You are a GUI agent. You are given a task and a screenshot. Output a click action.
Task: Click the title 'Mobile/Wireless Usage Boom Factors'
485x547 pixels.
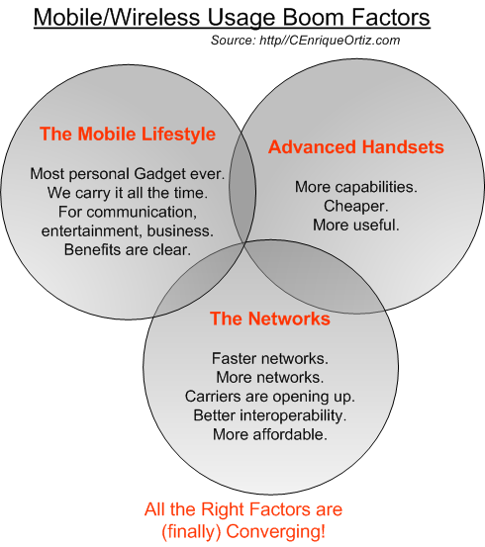coord(232,17)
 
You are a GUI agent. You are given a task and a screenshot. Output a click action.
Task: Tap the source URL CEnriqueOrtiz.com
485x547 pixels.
coord(330,41)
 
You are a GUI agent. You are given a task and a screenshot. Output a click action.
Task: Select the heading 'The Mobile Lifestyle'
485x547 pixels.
coord(128,134)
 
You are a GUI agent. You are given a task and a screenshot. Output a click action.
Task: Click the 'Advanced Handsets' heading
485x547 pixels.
coord(356,146)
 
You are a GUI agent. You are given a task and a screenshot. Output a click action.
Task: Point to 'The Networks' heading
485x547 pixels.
coord(270,319)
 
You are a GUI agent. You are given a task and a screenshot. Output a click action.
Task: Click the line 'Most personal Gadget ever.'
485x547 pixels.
coord(128,174)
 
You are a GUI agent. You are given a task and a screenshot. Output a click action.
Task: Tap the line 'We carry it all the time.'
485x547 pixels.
coord(128,193)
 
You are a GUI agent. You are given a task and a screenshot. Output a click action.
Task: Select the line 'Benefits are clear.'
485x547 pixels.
coord(128,250)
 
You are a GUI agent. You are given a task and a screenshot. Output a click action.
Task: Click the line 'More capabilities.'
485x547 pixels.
coord(356,187)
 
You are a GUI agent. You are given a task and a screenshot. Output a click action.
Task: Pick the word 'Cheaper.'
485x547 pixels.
coord(355,206)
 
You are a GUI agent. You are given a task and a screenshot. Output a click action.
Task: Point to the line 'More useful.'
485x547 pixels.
coord(355,225)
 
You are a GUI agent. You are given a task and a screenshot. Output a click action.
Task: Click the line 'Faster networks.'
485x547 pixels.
coord(270,358)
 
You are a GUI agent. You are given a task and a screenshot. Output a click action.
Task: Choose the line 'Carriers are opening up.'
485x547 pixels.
coord(270,397)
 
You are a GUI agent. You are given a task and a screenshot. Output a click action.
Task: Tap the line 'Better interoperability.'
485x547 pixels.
coord(270,415)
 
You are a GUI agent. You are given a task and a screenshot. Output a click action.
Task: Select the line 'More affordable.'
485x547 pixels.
coord(270,434)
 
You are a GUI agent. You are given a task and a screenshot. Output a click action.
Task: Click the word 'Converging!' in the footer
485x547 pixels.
coord(276,531)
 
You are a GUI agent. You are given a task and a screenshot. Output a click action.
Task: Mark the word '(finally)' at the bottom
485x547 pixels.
coord(191,531)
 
